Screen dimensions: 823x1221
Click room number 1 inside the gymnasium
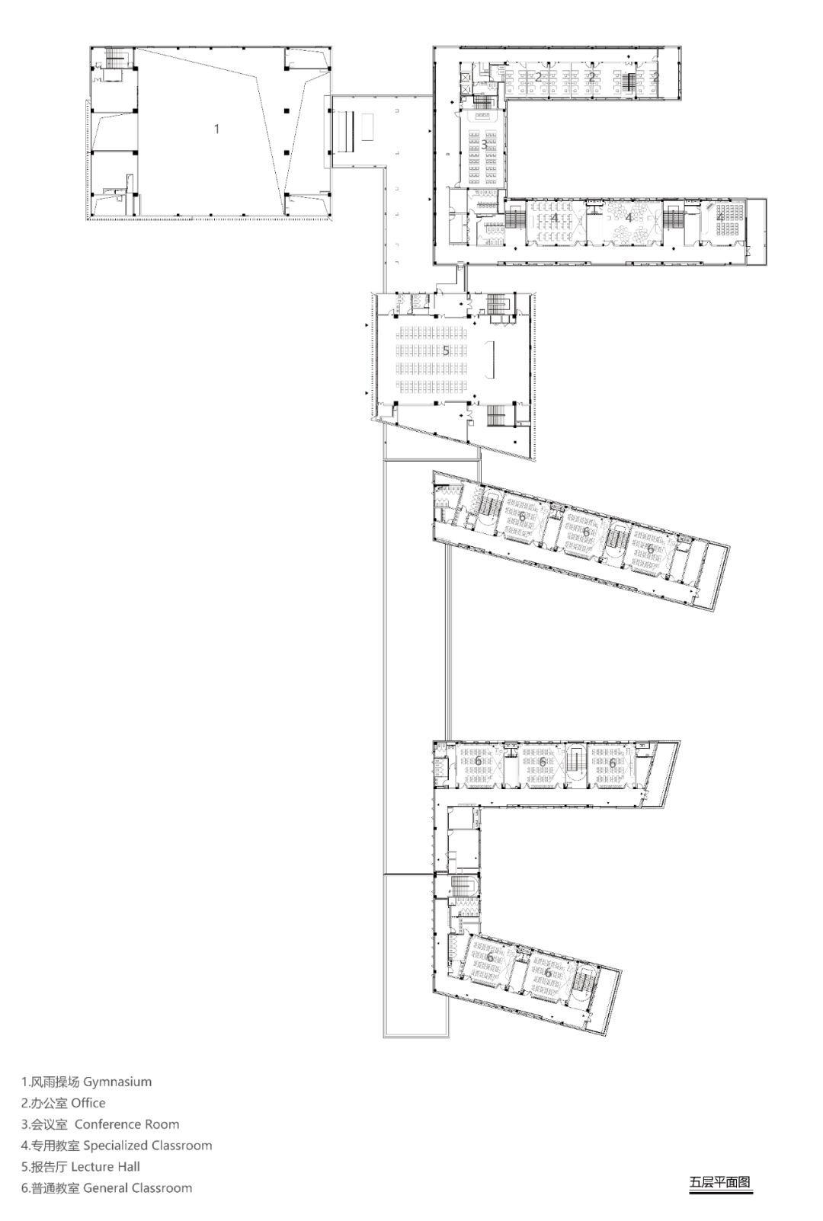[216, 129]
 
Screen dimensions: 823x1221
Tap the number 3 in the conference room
[484, 145]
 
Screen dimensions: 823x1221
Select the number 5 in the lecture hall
[446, 350]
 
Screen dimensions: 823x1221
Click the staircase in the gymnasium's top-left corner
[116, 57]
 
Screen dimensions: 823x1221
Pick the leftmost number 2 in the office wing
[538, 77]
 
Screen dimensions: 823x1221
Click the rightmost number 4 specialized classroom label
[720, 217]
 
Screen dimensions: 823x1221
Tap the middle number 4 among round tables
[629, 218]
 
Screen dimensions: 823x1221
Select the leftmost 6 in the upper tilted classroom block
[522, 516]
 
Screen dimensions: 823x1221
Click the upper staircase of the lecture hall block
[498, 304]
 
